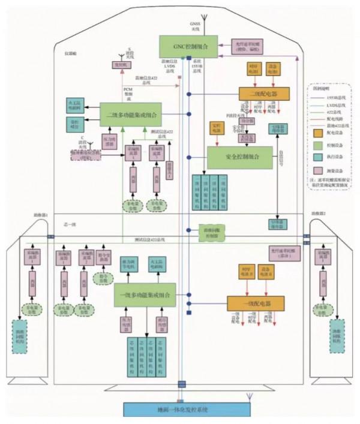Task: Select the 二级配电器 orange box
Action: tap(264, 94)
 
